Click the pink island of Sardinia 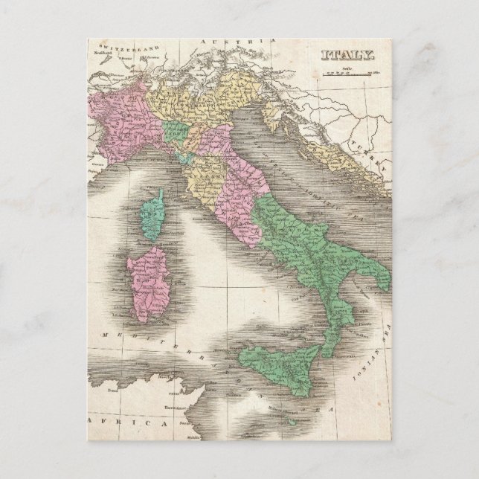[x=147, y=279]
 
